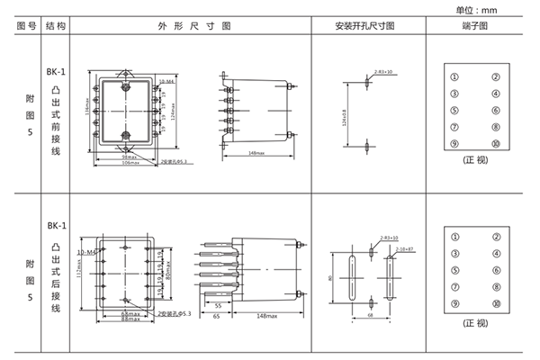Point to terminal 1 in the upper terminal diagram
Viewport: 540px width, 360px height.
pos(454,76)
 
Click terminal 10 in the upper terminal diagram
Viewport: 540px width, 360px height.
pos(495,144)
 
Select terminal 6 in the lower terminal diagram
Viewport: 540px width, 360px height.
pos(495,269)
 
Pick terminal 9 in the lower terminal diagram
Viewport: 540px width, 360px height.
pos(454,303)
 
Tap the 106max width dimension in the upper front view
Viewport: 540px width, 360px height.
pos(131,163)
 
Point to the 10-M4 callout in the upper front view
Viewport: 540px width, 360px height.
pos(166,82)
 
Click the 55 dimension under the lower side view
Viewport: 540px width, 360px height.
pos(219,306)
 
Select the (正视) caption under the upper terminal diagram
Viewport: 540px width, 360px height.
pos(474,160)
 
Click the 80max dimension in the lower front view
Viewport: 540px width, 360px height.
pos(170,265)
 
